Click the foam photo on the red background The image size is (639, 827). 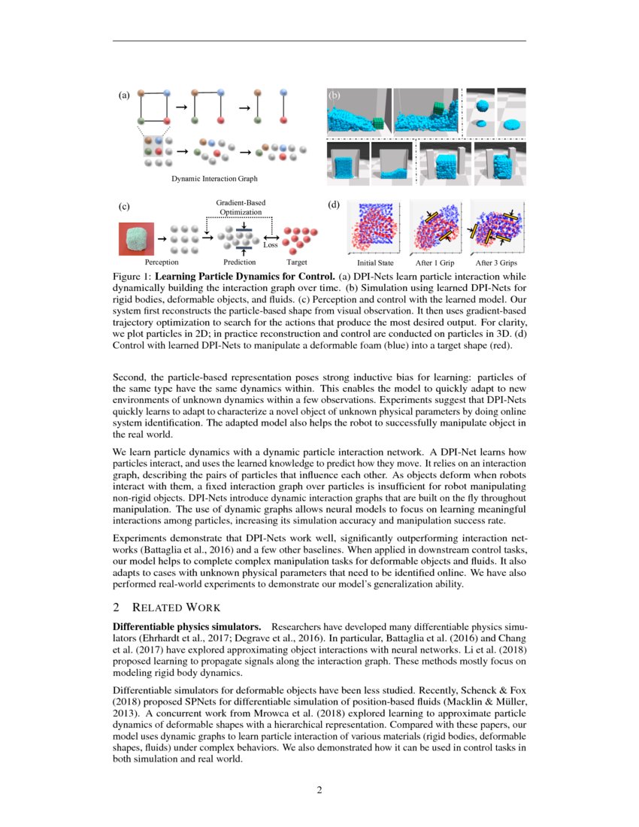[136, 238]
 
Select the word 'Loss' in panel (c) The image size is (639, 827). [271, 245]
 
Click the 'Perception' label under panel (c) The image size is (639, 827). [162, 263]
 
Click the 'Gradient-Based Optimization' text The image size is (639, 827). [241, 208]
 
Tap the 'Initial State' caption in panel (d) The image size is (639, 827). [375, 264]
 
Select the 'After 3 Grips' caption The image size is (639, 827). [496, 264]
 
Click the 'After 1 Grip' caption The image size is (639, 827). [435, 264]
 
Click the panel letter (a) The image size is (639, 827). [124, 95]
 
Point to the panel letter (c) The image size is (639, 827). [124, 205]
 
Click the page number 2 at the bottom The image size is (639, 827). [319, 790]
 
